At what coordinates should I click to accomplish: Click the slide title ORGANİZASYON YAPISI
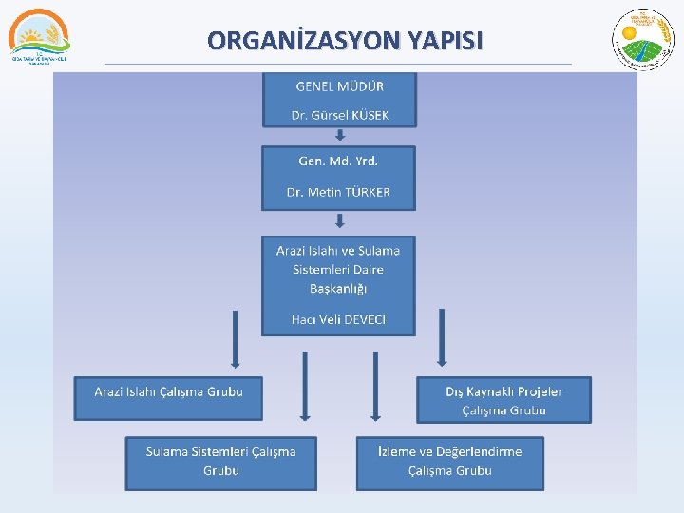(345, 41)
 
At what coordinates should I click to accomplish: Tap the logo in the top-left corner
(39, 36)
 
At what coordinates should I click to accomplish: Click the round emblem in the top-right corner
(642, 38)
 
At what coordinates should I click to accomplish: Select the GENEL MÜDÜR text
(340, 85)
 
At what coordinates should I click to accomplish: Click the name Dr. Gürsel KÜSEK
(340, 116)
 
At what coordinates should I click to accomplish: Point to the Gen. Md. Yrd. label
(338, 161)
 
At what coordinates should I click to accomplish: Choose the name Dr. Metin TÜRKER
(338, 192)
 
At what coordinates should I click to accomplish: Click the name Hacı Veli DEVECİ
(338, 319)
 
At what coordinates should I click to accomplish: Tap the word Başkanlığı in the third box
(338, 288)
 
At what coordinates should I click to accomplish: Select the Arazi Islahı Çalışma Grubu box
(168, 397)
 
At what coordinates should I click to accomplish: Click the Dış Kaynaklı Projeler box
(503, 400)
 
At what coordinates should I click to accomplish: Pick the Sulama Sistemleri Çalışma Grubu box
(220, 462)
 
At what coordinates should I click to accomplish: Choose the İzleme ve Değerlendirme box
(450, 462)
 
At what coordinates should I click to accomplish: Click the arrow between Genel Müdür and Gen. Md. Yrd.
(340, 135)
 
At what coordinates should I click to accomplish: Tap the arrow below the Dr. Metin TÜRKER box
(339, 221)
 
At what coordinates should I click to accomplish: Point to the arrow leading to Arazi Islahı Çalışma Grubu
(234, 337)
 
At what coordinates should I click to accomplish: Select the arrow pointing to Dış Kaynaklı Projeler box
(441, 337)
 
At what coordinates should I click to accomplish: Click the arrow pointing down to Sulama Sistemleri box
(304, 385)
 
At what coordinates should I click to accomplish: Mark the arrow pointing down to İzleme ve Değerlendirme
(375, 385)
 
